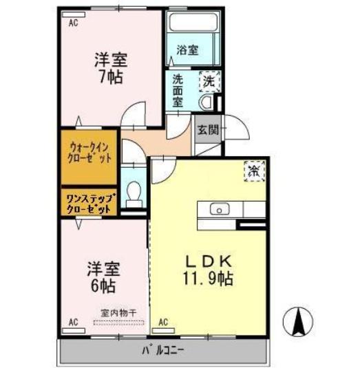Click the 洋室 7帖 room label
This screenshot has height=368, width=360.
tap(110, 67)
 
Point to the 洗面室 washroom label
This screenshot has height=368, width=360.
tap(178, 89)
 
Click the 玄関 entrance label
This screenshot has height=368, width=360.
tap(207, 129)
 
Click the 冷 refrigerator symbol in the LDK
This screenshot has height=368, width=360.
tap(253, 169)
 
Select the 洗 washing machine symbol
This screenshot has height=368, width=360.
tap(207, 80)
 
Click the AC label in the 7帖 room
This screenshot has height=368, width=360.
tap(73, 22)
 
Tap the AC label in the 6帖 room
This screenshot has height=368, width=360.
tap(73, 322)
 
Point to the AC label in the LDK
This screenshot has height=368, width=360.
tap(164, 322)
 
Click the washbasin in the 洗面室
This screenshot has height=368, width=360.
tap(205, 102)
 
